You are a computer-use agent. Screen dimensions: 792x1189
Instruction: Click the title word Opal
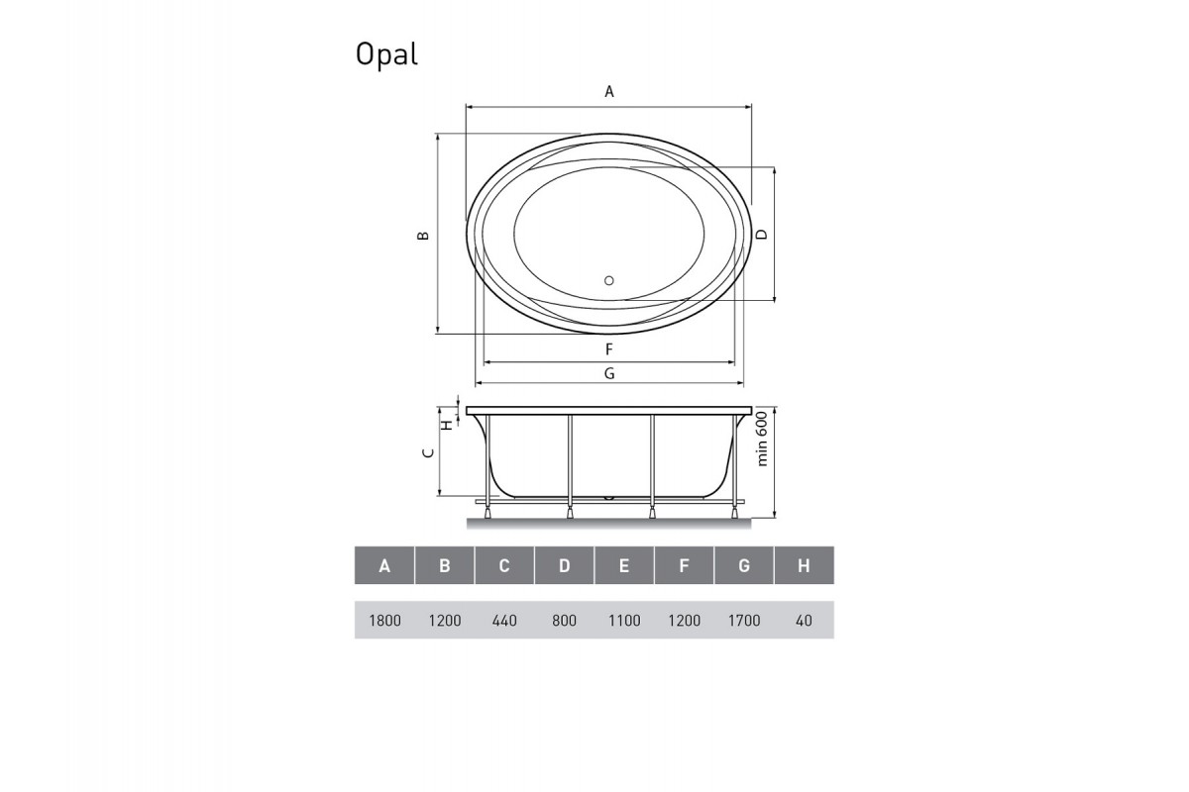(386, 55)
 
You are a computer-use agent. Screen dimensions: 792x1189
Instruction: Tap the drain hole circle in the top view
(609, 280)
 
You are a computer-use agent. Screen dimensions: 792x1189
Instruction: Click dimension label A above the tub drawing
(610, 91)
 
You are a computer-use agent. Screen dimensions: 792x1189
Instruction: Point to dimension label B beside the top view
(422, 236)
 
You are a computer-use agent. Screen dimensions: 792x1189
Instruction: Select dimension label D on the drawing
(761, 235)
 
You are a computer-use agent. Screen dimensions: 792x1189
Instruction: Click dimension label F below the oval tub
(609, 349)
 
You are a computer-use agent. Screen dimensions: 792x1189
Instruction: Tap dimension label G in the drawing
(609, 373)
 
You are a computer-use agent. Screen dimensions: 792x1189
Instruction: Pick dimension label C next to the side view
(427, 452)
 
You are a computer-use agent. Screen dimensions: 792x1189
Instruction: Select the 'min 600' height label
(763, 439)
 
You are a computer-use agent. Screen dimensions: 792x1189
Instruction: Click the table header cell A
(384, 566)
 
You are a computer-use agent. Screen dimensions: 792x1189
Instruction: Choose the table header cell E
(624, 566)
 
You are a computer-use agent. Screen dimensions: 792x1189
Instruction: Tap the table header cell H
(804, 566)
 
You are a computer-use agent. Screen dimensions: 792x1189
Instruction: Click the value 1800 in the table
(384, 621)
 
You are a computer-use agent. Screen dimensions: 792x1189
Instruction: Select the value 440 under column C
(504, 621)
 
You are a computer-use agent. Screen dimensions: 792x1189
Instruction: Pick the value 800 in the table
(564, 621)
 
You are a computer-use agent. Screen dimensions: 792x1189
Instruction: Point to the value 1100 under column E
(624, 621)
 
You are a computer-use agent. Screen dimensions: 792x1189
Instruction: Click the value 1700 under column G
(744, 621)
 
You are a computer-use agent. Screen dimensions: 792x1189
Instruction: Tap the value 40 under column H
(804, 621)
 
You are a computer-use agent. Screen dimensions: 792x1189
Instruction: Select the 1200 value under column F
(684, 621)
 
